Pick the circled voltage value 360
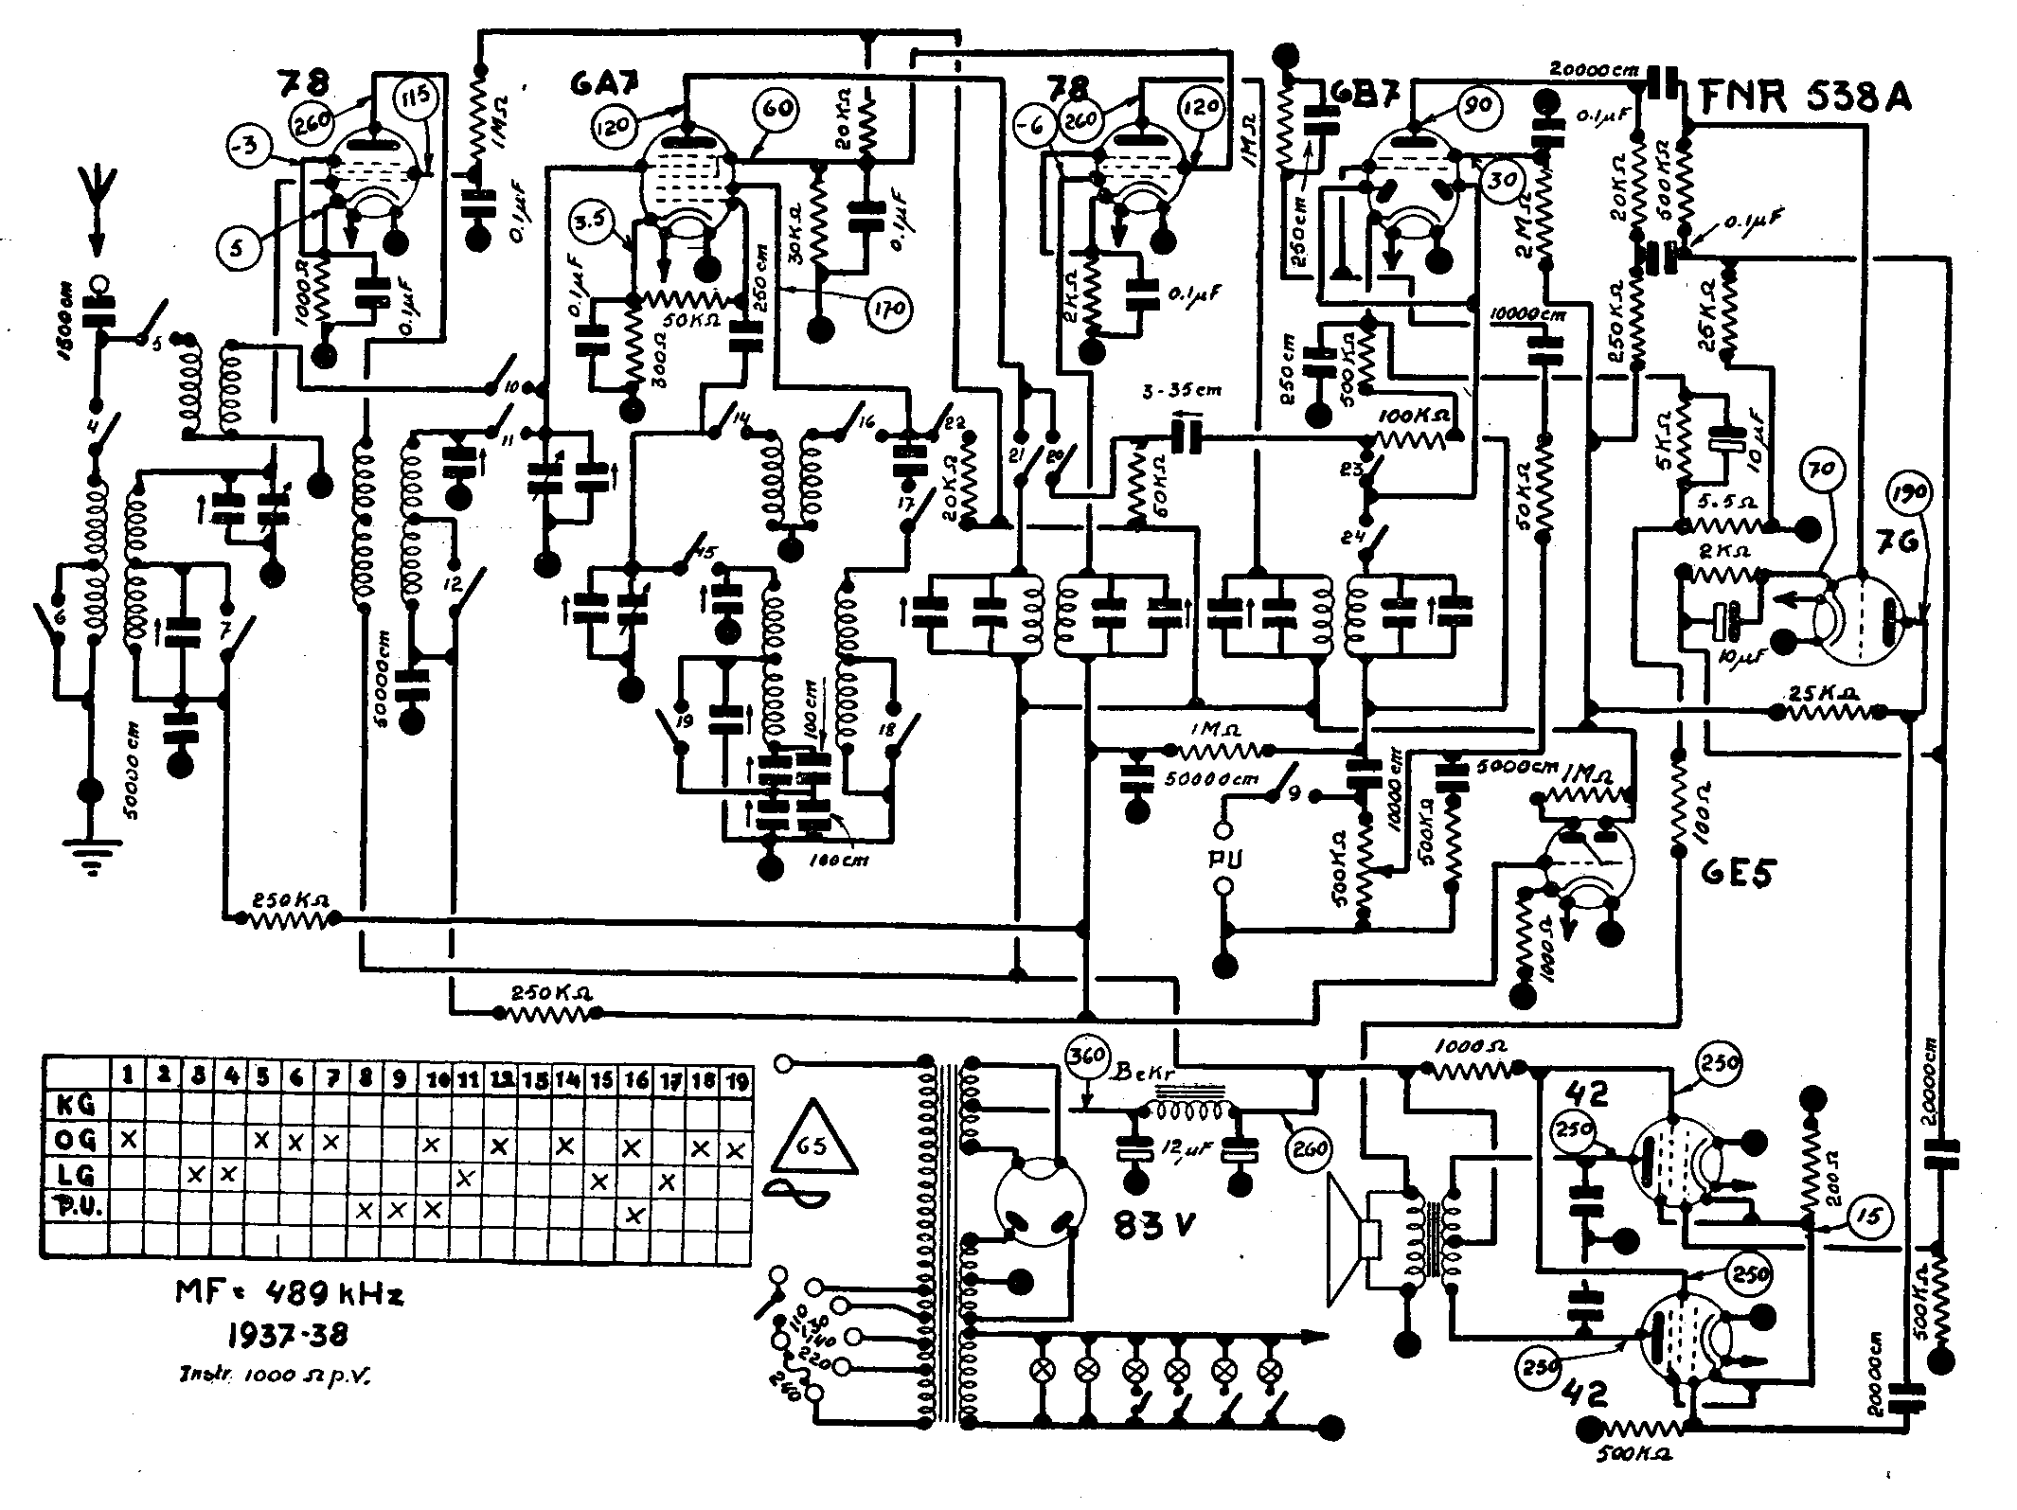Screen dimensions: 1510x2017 click(x=1086, y=1054)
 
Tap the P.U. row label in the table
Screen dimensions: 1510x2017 click(x=76, y=1211)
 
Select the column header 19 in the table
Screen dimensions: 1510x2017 click(x=734, y=1077)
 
